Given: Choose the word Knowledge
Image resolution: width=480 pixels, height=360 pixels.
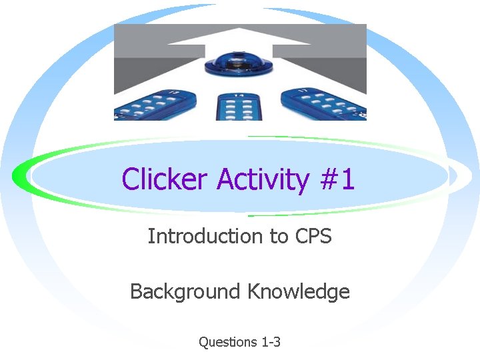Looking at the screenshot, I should pyautogui.click(x=299, y=291).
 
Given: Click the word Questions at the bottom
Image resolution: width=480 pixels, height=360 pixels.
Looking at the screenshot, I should pyautogui.click(x=227, y=342).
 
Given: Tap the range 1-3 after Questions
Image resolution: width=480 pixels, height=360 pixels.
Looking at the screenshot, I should pyautogui.click(x=271, y=342).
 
